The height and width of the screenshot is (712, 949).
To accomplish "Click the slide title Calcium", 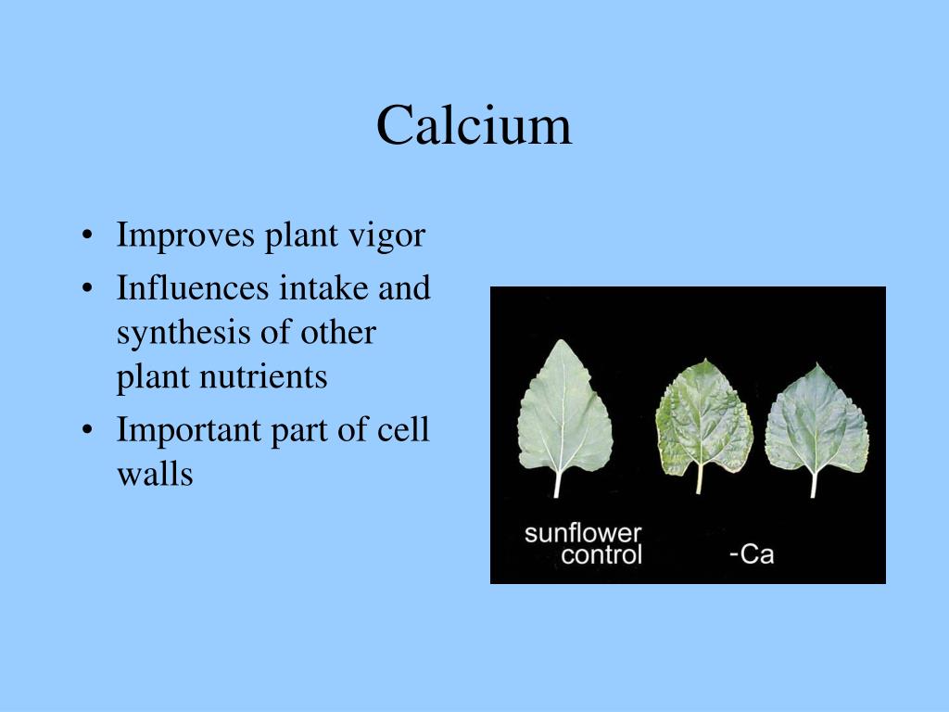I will click(474, 125).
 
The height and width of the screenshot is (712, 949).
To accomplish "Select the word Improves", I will click(185, 235).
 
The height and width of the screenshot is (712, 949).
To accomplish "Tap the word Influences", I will click(193, 288).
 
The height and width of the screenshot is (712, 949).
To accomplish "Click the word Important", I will click(188, 431).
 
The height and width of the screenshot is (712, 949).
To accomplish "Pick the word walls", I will click(155, 475).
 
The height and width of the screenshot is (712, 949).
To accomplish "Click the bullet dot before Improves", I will click(86, 236).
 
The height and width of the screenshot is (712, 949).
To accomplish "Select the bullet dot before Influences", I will click(86, 289).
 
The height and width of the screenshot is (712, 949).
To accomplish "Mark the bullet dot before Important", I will click(86, 432).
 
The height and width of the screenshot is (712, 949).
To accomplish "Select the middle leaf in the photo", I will click(703, 417).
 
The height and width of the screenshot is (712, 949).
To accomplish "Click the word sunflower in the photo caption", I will click(583, 534).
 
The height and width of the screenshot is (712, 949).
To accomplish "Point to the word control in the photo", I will click(601, 556).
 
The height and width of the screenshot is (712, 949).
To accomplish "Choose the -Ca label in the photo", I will click(751, 556).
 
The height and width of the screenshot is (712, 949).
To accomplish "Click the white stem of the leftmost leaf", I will click(558, 482).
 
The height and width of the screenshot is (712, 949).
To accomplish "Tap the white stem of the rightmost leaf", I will click(814, 483).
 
